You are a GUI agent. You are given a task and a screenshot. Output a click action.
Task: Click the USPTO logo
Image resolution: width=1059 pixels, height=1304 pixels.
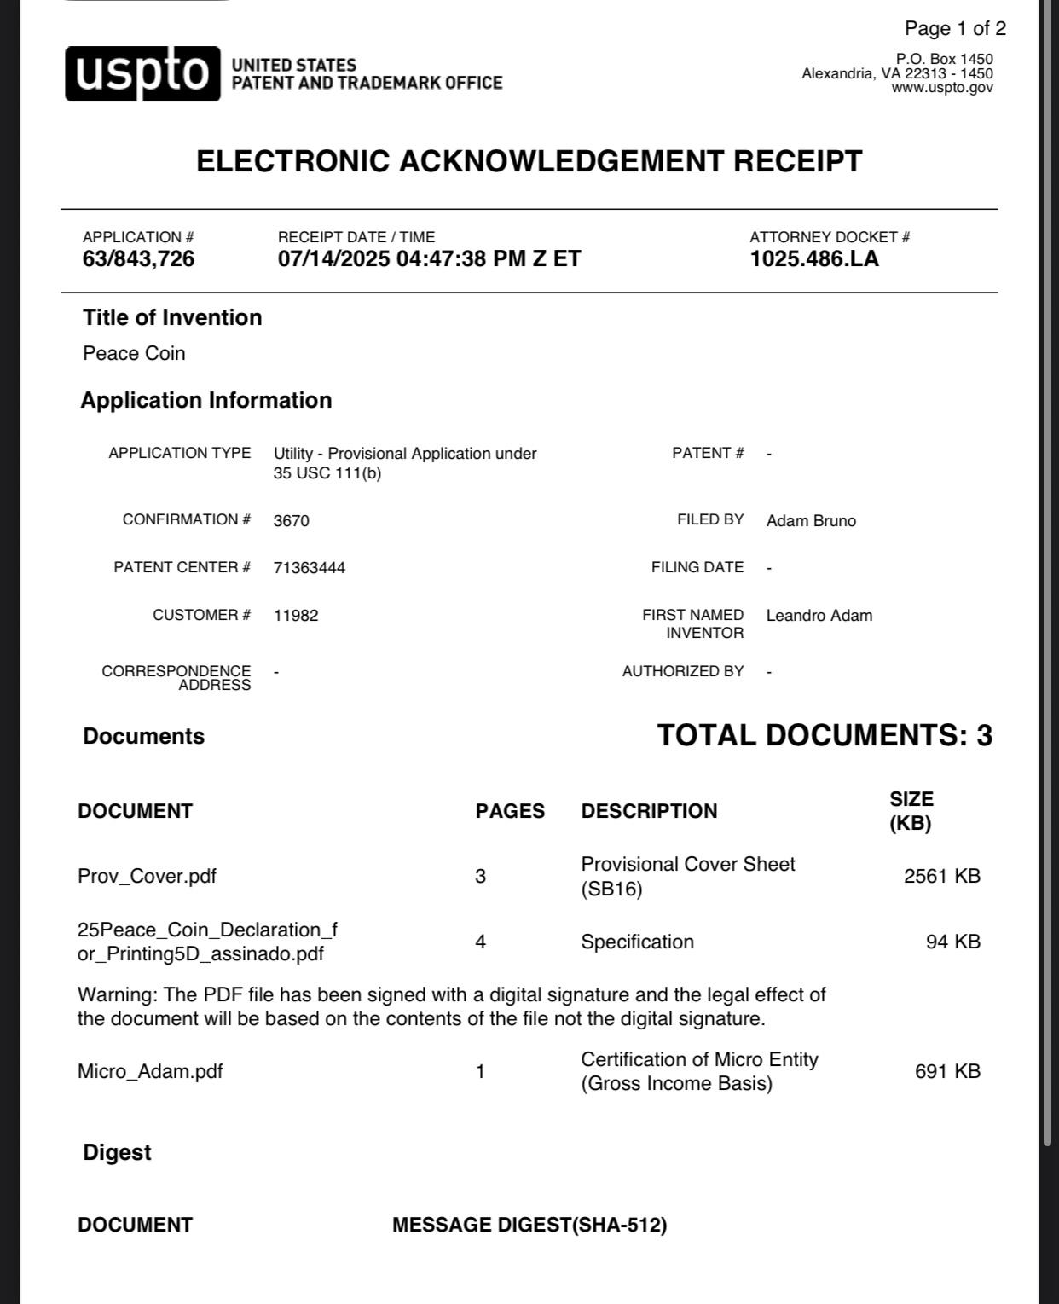(142, 74)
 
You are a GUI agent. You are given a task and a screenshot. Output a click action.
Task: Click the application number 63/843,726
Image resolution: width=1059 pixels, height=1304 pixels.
(138, 259)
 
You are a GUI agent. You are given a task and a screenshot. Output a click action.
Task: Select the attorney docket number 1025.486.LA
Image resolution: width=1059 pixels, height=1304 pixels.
(813, 259)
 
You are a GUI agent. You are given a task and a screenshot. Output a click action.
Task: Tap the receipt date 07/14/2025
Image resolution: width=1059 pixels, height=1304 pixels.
(333, 259)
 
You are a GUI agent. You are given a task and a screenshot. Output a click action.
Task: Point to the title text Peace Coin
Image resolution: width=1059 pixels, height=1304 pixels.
(134, 354)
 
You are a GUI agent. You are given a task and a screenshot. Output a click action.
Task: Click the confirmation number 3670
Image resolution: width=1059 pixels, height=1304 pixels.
(292, 521)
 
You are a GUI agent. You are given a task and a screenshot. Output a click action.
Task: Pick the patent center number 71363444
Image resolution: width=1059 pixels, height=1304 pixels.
(310, 568)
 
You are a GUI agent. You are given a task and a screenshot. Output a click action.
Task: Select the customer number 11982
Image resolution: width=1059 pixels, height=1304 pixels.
(296, 616)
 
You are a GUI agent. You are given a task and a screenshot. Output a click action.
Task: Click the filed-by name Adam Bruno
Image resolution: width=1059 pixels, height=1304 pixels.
(811, 521)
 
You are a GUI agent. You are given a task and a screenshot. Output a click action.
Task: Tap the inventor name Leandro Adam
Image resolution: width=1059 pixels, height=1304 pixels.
(819, 616)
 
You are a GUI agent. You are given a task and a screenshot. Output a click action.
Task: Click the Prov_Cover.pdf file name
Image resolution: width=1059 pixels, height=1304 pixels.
(147, 877)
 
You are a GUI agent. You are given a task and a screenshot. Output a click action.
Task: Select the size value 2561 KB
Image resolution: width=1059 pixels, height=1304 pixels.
(941, 877)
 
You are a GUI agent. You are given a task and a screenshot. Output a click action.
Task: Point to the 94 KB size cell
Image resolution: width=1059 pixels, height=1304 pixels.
(952, 942)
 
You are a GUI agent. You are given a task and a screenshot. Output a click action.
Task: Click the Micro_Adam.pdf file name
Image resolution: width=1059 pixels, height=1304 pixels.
(150, 1072)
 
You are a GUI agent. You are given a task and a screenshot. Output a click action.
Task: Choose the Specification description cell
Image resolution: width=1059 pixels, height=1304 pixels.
(637, 942)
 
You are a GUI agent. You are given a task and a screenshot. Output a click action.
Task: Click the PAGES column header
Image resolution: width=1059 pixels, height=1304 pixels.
(510, 811)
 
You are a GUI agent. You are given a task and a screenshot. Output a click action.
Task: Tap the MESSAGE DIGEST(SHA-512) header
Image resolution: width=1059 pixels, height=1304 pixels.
(529, 1226)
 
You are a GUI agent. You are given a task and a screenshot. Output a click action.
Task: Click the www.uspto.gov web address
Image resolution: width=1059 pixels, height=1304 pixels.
(942, 88)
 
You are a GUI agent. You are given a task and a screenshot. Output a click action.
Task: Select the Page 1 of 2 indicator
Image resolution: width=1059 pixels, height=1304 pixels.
(955, 29)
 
